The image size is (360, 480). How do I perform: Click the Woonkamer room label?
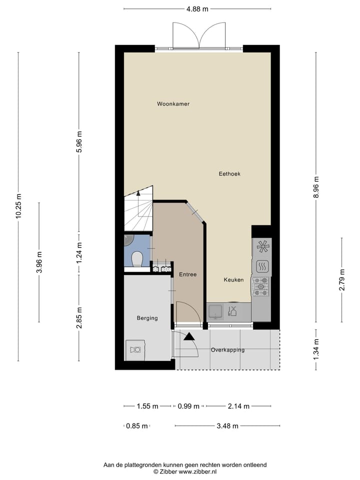click(173, 104)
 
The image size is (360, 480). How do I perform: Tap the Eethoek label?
click(229, 174)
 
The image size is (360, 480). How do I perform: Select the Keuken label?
click(233, 280)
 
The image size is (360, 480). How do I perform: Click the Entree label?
click(187, 274)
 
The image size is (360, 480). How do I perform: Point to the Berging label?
click(147, 318)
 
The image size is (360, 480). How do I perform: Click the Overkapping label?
click(227, 350)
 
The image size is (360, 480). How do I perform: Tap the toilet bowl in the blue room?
click(136, 259)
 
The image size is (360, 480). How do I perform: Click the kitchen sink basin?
click(215, 312)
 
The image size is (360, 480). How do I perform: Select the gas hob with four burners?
click(260, 286)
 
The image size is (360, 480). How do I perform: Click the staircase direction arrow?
click(138, 193)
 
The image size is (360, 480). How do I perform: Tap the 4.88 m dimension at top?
click(197, 8)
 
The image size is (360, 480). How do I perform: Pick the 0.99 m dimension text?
click(188, 406)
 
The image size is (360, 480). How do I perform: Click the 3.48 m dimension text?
click(227, 426)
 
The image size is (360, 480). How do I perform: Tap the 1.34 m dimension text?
click(315, 349)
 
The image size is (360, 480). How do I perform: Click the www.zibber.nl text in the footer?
click(199, 471)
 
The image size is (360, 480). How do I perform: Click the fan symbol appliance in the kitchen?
click(262, 245)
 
